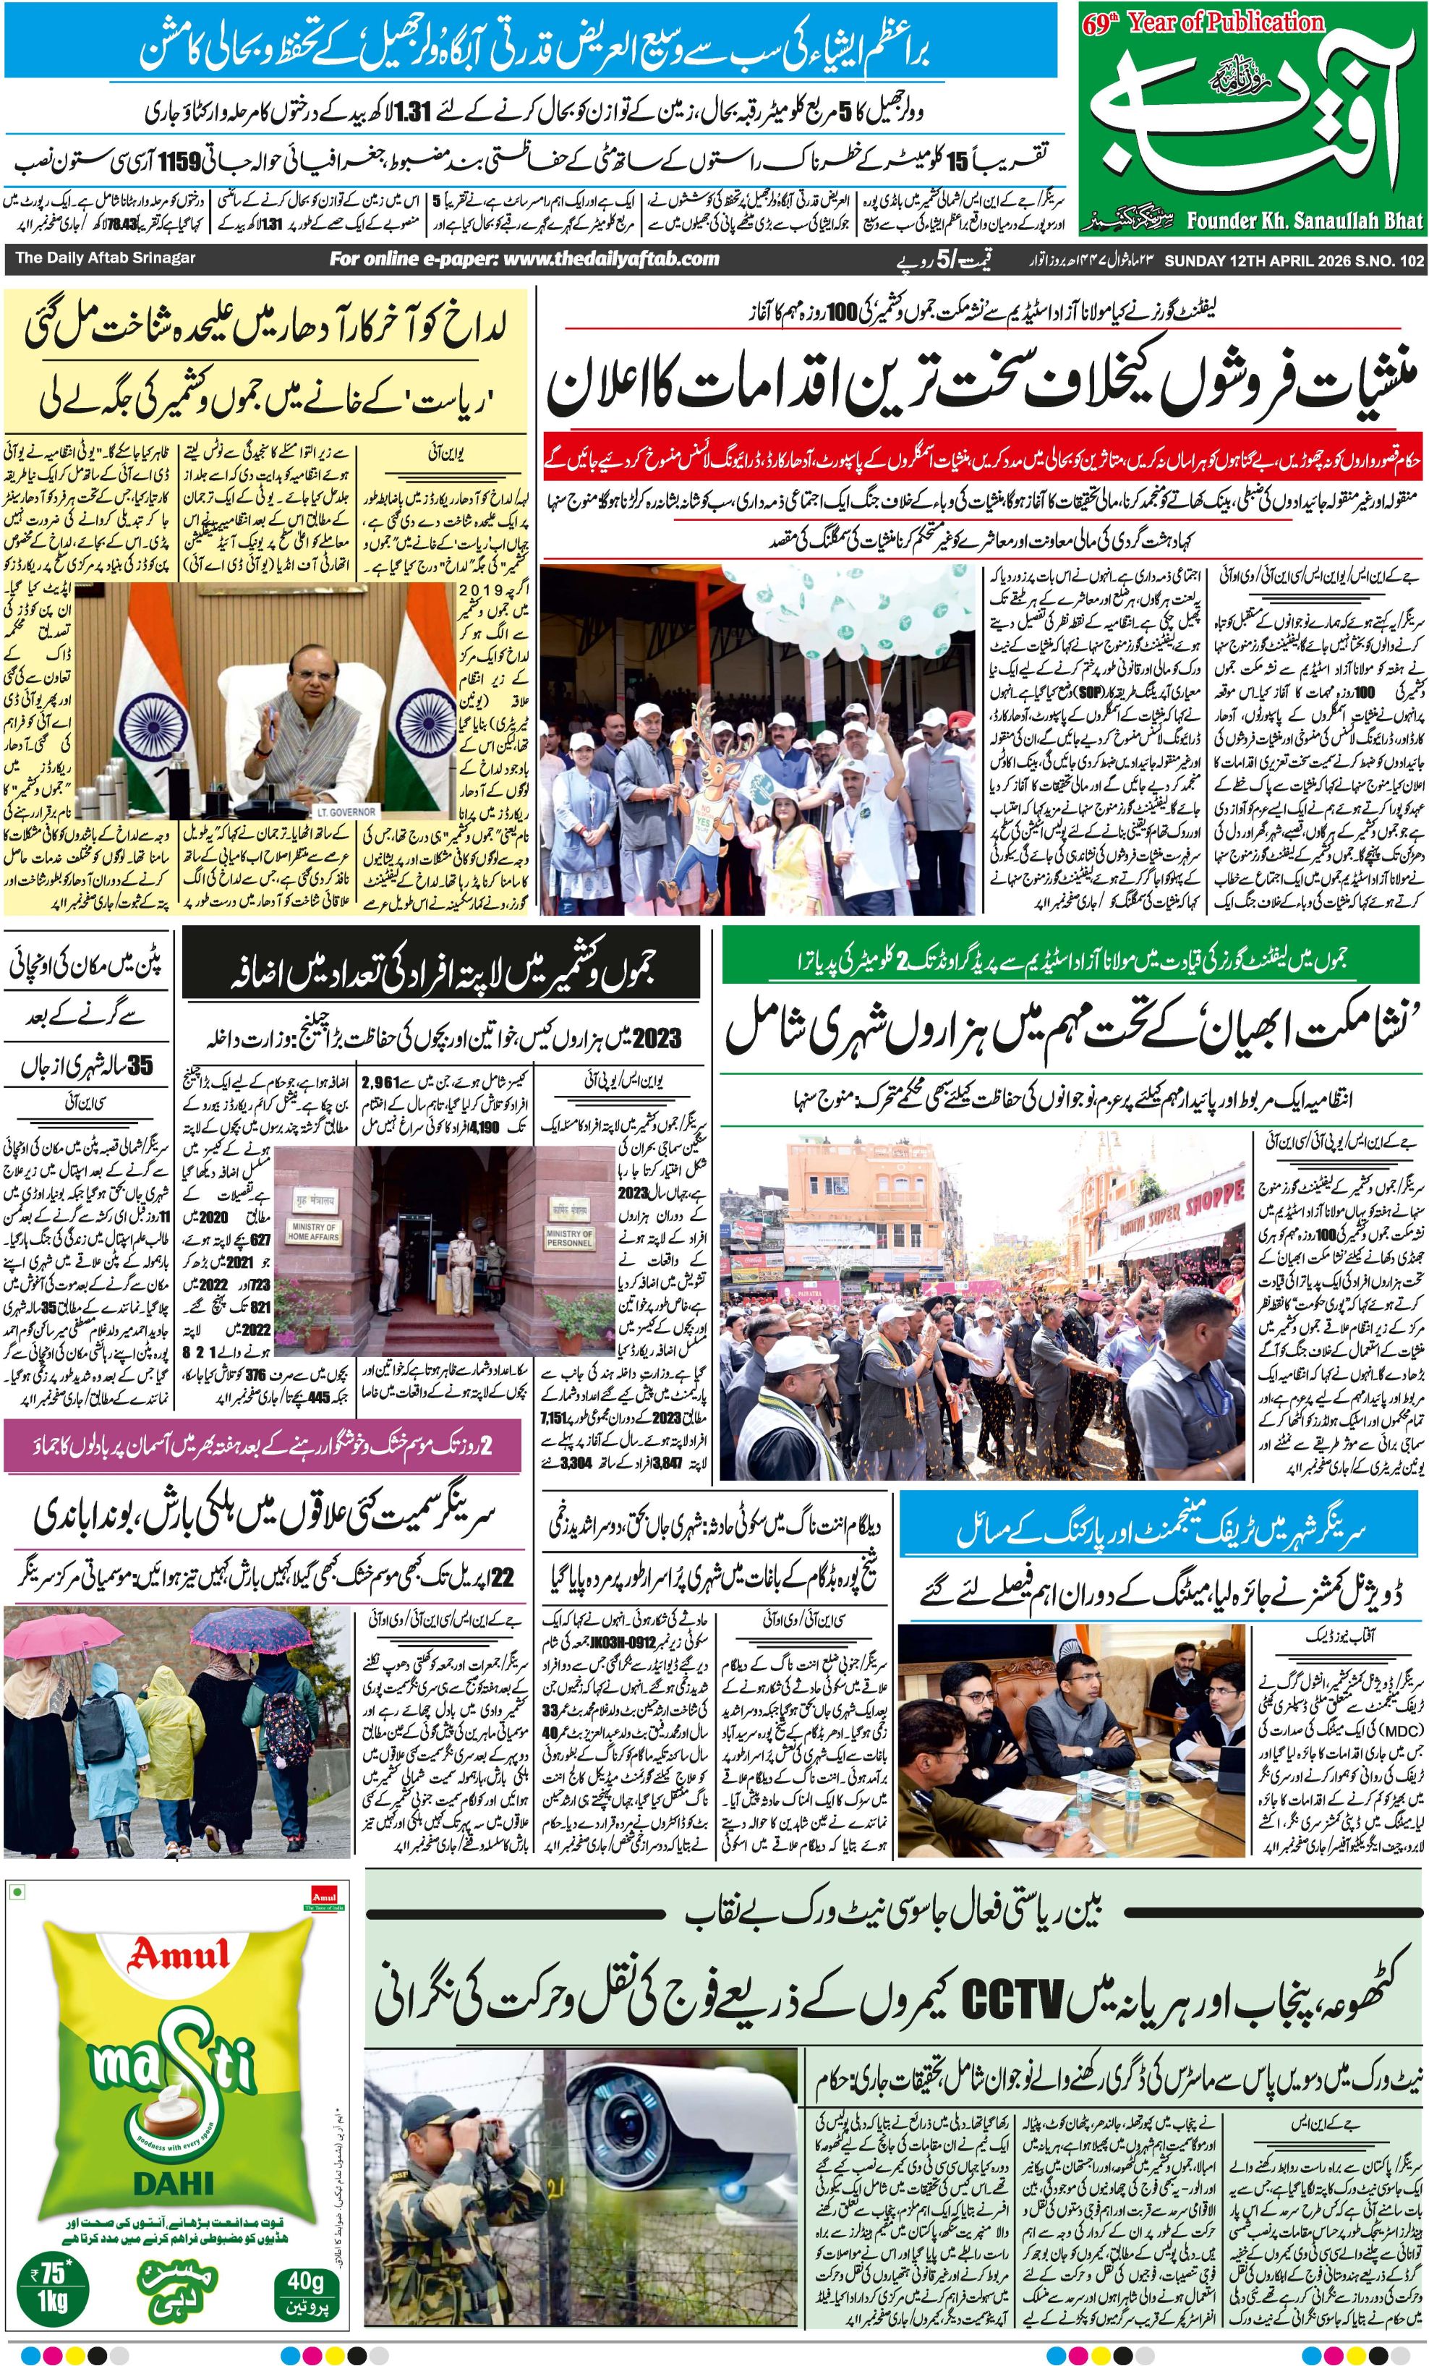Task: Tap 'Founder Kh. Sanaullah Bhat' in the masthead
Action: pyautogui.click(x=1304, y=221)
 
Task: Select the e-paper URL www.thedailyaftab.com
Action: pyautogui.click(x=524, y=258)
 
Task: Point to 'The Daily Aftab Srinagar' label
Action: pyautogui.click(x=105, y=258)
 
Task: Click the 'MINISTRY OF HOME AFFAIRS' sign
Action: pyautogui.click(x=313, y=1233)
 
